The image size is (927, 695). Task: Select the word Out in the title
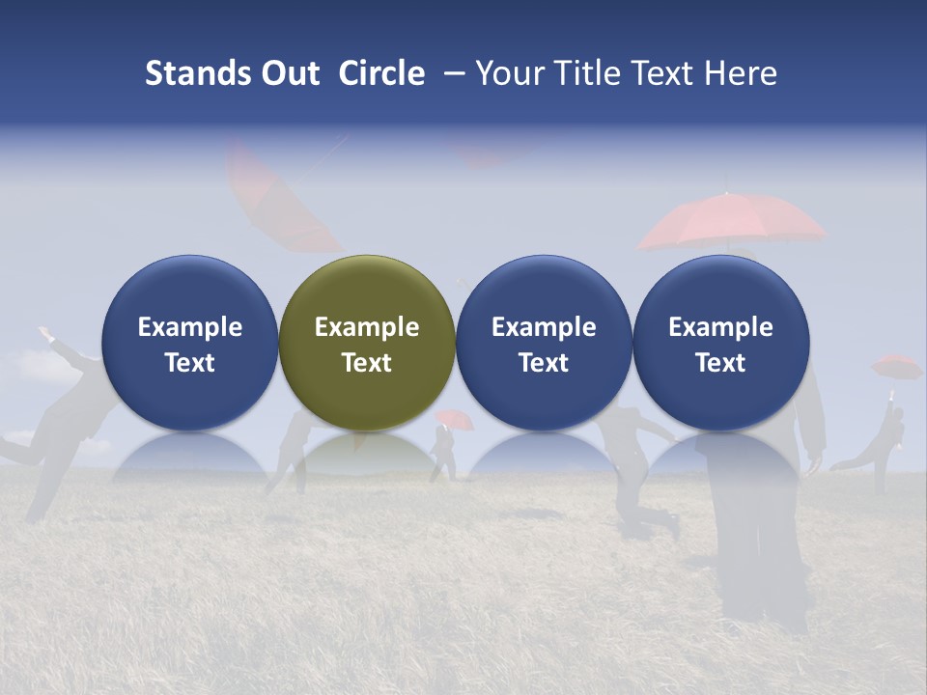pos(288,73)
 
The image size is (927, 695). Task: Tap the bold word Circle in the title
pos(381,73)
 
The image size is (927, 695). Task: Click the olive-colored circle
pos(366,343)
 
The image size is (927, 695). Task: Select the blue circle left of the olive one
pos(189,343)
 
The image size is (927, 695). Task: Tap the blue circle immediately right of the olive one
pos(544,343)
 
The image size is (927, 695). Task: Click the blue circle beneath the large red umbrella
pos(720,343)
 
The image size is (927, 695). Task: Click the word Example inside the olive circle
pos(366,327)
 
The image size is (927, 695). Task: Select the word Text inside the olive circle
pos(366,363)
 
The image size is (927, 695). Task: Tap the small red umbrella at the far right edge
pos(896,366)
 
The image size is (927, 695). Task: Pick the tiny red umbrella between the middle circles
pos(454,418)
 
